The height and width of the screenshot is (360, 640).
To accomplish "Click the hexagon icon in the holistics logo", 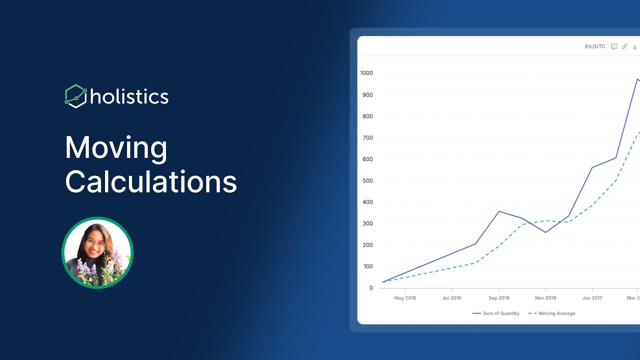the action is point(75,96).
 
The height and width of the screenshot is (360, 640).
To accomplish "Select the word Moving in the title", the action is point(116,148).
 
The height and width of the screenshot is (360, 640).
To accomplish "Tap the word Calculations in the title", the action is point(151,181).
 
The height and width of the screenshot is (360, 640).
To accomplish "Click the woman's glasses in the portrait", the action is point(95,243).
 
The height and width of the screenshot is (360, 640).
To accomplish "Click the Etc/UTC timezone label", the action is point(595,46).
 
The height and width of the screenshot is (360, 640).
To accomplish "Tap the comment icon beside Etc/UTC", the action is point(614,46).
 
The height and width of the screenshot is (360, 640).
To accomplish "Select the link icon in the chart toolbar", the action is point(624,46).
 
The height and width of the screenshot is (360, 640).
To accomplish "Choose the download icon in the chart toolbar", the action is point(634,46).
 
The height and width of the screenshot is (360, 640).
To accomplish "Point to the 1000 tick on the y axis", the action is point(366,73).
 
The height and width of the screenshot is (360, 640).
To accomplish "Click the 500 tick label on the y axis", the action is point(367,180).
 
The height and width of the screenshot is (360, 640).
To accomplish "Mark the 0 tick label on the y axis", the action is point(371,288).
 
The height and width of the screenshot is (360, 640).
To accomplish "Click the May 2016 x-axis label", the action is point(405,298).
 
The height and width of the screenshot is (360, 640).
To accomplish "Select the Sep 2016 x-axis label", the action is point(499,298).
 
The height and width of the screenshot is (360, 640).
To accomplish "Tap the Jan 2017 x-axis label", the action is point(592,298).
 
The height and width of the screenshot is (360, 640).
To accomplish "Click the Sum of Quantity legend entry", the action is point(495,313).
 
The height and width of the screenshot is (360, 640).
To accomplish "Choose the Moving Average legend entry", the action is point(551,313).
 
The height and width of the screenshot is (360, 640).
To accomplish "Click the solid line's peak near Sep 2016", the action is point(499,211).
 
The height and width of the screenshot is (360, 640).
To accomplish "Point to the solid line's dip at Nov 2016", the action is point(545,232).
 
